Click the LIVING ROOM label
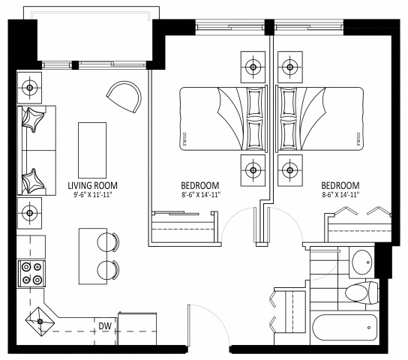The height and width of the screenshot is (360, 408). click(x=93, y=185)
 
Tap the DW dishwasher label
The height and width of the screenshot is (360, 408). click(x=105, y=325)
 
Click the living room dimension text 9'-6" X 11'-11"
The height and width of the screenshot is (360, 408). click(x=93, y=196)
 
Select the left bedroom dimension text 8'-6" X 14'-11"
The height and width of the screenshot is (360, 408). click(x=200, y=196)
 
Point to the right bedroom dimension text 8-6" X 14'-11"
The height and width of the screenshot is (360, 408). click(x=340, y=196)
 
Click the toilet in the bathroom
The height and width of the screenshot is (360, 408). click(x=359, y=292)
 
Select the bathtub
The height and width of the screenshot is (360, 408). click(x=346, y=327)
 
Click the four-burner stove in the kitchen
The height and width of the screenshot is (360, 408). click(x=31, y=273)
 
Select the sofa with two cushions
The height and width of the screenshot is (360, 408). click(x=34, y=150)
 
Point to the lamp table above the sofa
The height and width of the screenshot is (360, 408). click(x=31, y=89)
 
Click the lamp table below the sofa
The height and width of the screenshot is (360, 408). click(x=31, y=212)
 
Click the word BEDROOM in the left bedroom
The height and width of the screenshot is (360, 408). click(x=200, y=185)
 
